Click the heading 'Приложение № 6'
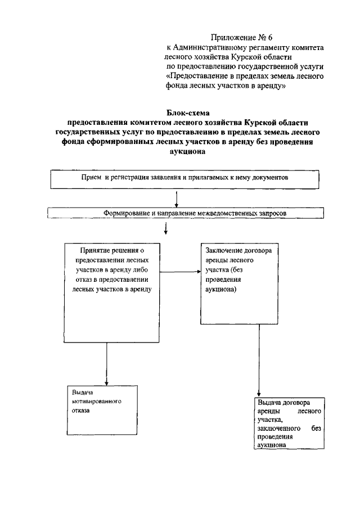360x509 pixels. click(x=244, y=38)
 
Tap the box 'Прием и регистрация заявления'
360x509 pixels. click(x=185, y=179)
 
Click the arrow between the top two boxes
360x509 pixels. click(x=177, y=198)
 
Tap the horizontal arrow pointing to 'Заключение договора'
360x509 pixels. click(x=179, y=272)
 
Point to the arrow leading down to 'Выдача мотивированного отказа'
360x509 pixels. click(x=106, y=360)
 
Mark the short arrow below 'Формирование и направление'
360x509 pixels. click(x=166, y=228)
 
